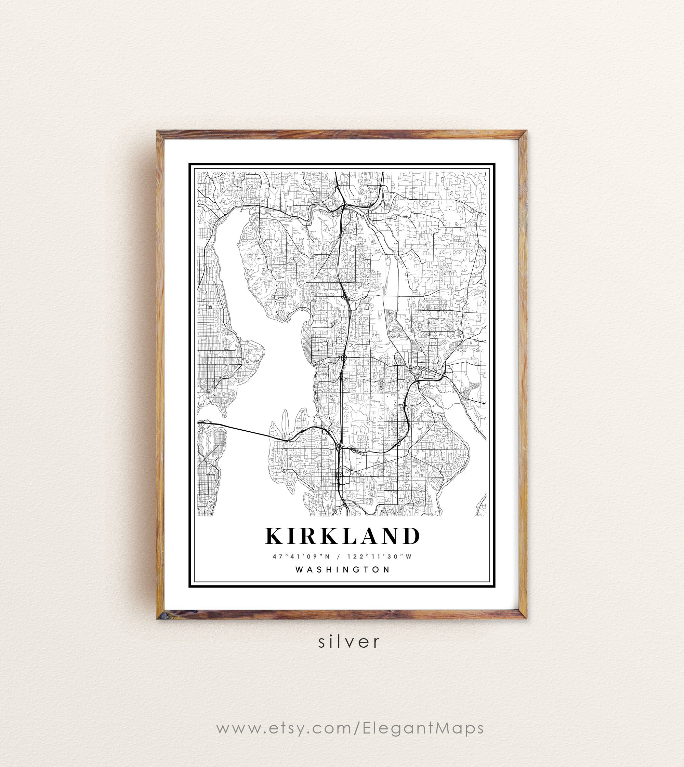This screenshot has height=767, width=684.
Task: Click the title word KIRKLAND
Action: [342, 536]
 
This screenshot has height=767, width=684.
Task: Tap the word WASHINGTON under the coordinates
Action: [342, 569]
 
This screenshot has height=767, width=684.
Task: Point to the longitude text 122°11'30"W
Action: [380, 557]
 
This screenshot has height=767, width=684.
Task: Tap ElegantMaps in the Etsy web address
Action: [423, 728]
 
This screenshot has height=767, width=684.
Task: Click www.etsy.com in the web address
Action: [284, 728]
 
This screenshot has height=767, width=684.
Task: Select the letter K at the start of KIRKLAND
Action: [274, 536]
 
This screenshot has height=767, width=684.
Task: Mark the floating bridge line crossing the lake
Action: [244, 430]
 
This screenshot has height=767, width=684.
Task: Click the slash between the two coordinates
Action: [339, 557]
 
